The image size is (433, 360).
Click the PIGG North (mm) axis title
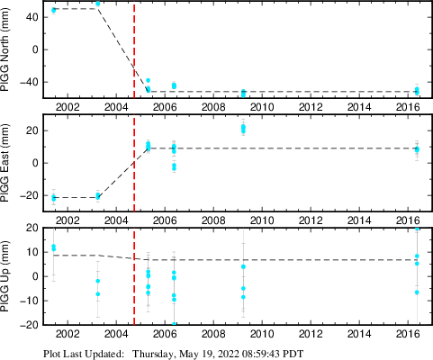click(5, 49)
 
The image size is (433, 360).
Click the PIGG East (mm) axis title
click(5, 163)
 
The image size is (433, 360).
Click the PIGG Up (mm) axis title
click(5, 276)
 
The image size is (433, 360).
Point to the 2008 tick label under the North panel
click(213, 107)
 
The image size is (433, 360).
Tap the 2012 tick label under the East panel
click(311, 220)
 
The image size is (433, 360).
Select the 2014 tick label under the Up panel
click(359, 334)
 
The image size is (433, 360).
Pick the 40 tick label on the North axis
click(32, 17)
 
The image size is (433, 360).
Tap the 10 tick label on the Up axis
click(33, 252)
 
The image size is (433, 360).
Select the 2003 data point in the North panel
click(97, 4)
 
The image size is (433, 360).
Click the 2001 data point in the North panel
click(53, 10)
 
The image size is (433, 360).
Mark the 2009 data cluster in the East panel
click(243, 129)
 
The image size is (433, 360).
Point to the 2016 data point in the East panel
click(417, 149)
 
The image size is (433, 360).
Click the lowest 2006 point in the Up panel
click(174, 324)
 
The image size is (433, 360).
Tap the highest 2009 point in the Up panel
click(243, 266)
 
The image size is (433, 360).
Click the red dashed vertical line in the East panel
click(134, 163)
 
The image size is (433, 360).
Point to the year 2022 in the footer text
click(230, 354)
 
